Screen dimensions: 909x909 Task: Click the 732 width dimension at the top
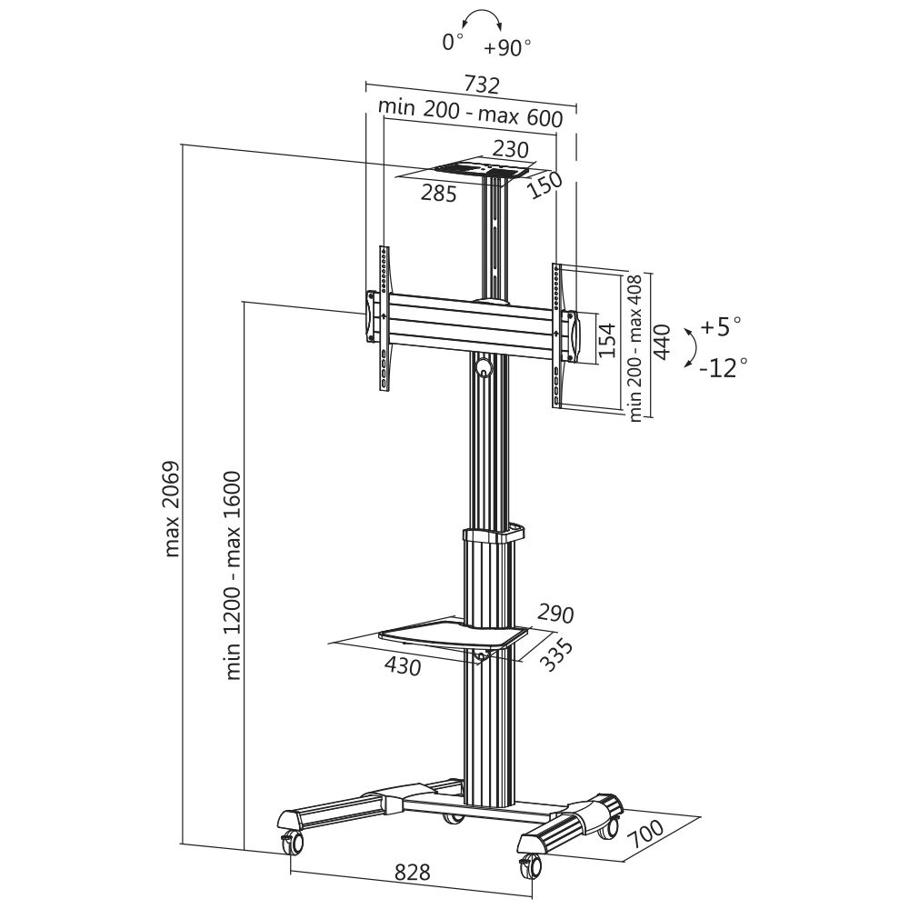tap(482, 85)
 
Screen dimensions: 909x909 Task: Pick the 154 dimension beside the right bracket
tap(607, 338)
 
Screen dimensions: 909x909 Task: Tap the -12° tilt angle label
tap(724, 366)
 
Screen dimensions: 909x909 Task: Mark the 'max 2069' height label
tap(173, 509)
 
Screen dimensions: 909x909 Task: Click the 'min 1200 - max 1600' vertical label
tap(233, 574)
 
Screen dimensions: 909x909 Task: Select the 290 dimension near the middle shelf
tap(555, 612)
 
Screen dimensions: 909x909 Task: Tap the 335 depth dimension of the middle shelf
tap(555, 654)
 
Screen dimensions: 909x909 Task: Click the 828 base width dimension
tap(412, 873)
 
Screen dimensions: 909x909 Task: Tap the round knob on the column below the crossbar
tap(483, 367)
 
